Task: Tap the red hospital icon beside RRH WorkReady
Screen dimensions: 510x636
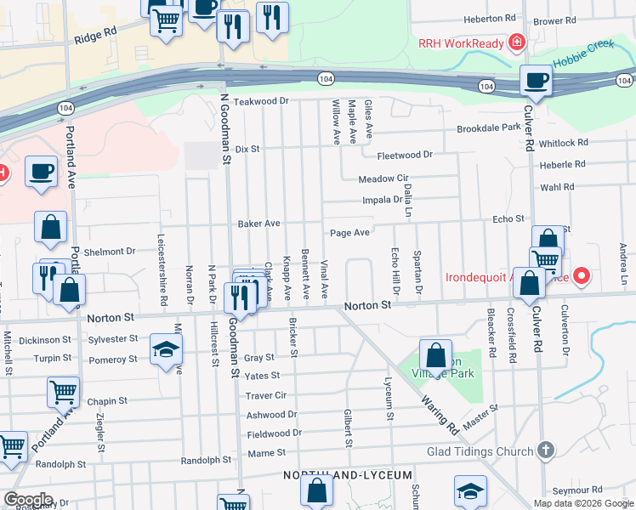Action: click(x=515, y=42)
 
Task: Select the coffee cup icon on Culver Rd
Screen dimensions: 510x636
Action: click(x=536, y=81)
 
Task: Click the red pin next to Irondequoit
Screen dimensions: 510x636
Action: click(x=582, y=275)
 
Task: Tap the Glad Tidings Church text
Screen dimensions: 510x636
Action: click(x=480, y=451)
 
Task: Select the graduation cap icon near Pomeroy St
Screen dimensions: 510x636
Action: click(x=166, y=349)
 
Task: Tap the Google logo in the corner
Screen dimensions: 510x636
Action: click(x=28, y=500)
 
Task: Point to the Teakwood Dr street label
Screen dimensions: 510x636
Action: click(x=263, y=101)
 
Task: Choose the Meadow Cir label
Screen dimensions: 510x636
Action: click(x=383, y=179)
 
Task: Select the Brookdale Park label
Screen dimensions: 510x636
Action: click(x=488, y=127)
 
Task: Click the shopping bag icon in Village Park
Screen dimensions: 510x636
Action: click(x=435, y=354)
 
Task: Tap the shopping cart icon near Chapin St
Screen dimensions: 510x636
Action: click(x=64, y=392)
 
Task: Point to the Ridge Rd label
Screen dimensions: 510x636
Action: click(x=95, y=35)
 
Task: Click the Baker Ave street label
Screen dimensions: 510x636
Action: click(x=258, y=224)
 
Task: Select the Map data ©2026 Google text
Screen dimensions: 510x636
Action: click(x=582, y=503)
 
